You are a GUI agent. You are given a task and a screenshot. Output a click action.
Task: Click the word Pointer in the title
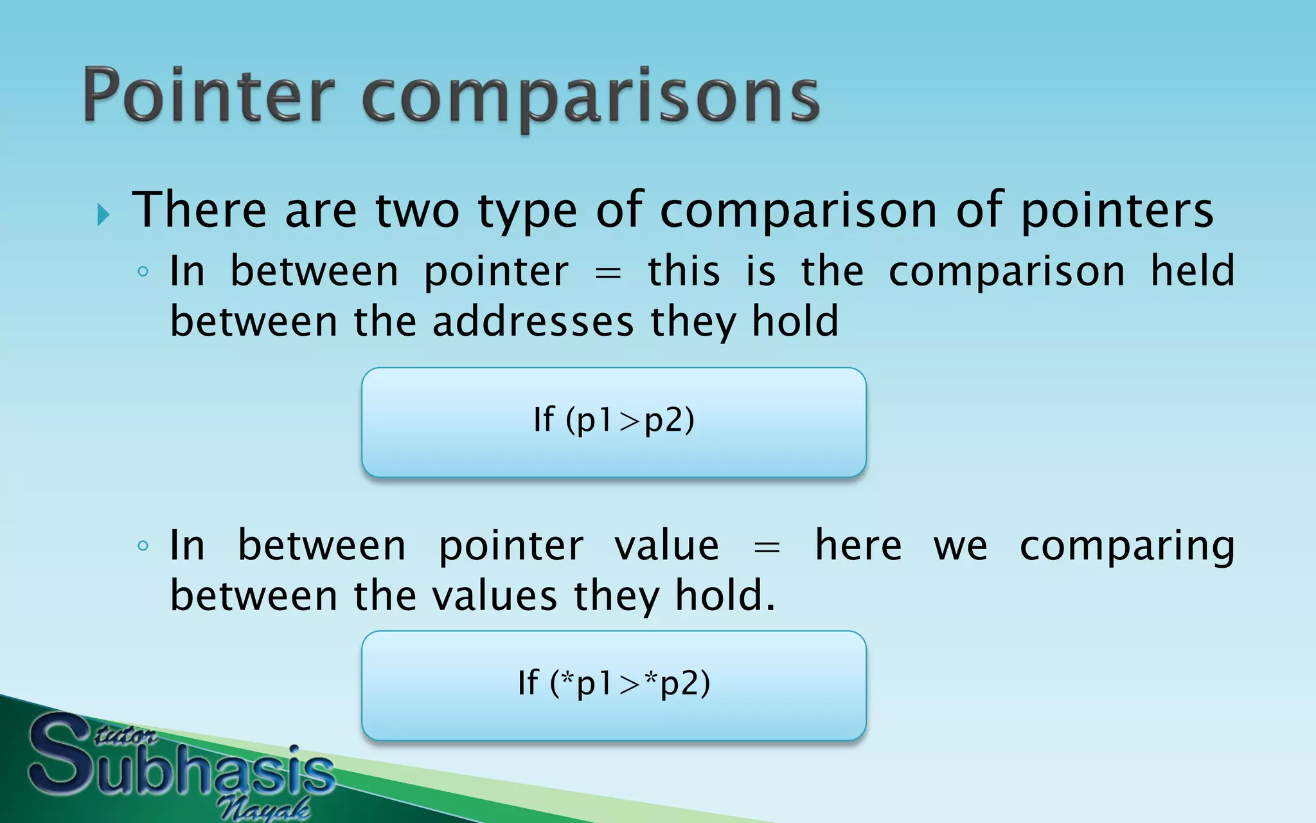click(x=209, y=96)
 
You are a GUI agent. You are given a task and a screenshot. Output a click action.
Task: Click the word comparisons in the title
click(x=591, y=98)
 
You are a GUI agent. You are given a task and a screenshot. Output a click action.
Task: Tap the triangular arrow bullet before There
click(x=103, y=214)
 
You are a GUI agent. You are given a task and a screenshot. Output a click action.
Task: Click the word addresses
click(x=533, y=321)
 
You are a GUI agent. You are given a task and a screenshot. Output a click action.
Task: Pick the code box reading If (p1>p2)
click(x=614, y=422)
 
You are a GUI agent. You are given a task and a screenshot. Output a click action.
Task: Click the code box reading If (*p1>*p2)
click(x=614, y=685)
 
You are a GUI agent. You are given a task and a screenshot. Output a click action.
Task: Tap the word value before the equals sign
click(x=666, y=546)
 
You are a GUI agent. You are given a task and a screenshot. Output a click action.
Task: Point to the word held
click(x=1192, y=270)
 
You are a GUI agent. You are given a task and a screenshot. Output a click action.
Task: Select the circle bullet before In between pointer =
click(x=143, y=271)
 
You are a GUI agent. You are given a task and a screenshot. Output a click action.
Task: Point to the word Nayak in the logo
click(x=263, y=808)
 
